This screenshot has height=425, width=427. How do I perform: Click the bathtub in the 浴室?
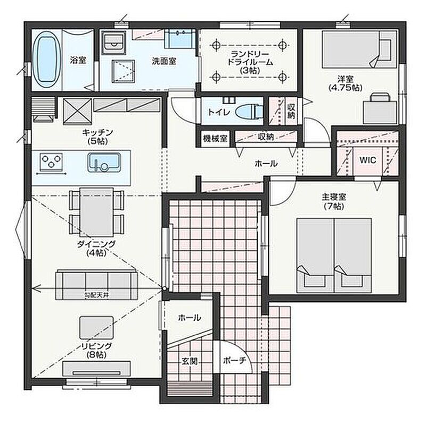(47, 60)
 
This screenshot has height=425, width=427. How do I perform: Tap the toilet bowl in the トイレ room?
(249, 112)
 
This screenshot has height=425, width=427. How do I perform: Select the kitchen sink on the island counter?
(104, 162)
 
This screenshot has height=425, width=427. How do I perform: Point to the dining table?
(96, 211)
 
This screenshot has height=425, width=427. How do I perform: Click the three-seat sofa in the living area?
(96, 285)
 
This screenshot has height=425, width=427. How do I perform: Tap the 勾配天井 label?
(96, 295)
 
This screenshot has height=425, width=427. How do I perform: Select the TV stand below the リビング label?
(96, 369)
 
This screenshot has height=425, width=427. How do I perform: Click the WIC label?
(367, 160)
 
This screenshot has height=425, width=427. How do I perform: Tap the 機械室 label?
(215, 138)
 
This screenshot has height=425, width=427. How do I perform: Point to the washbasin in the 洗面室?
(180, 38)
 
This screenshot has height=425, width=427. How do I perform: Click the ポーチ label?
(234, 361)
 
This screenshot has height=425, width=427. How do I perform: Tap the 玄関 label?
(190, 361)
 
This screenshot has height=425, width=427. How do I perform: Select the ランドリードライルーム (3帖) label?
(250, 62)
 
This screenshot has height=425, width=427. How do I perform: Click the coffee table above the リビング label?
(96, 327)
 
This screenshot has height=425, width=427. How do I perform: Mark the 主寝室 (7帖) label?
(334, 201)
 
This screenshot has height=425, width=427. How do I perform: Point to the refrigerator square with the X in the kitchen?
(77, 112)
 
